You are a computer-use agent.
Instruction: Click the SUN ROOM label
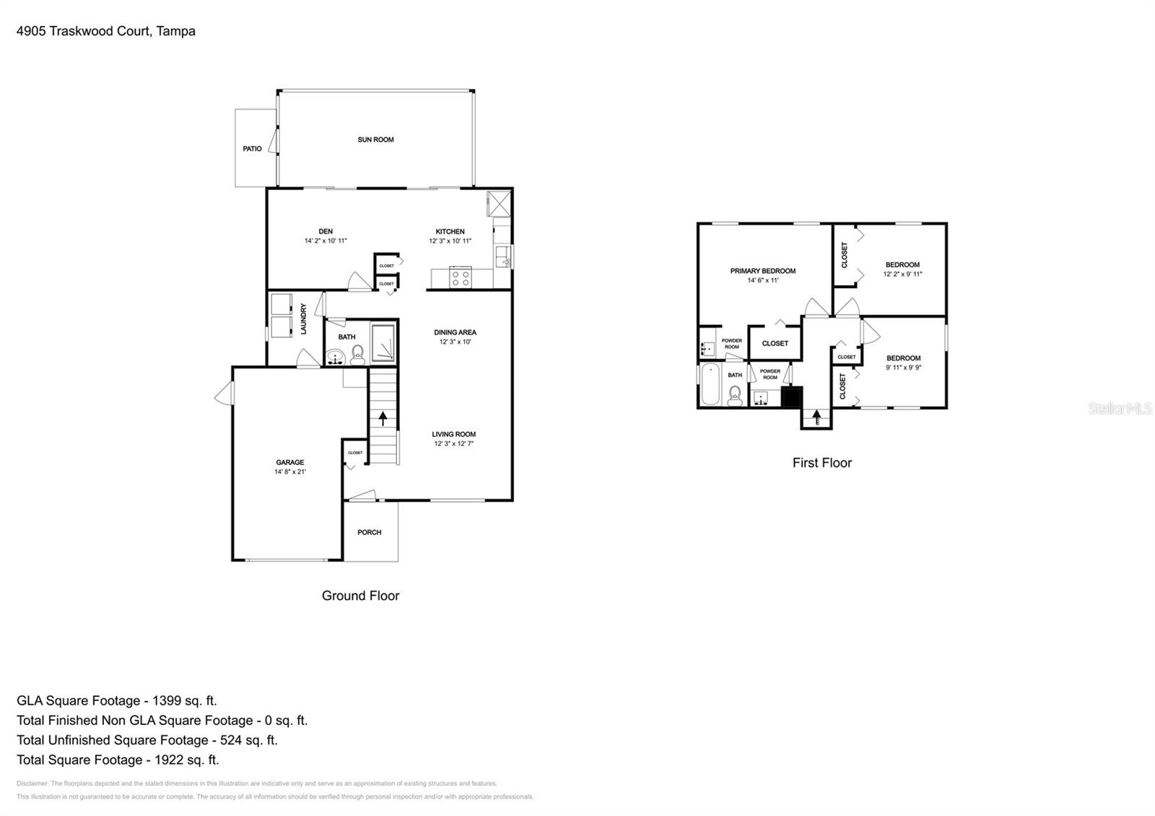pos(375,139)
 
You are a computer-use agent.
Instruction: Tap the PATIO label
pos(252,149)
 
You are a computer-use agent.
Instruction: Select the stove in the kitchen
pos(461,277)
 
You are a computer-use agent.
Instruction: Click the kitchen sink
pos(503,255)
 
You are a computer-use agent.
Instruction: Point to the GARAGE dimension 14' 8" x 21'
pos(289,472)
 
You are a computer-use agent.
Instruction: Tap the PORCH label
pos(369,533)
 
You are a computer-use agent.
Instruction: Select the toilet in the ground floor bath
pos(357,354)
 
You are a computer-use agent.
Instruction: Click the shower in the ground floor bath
pos(383,342)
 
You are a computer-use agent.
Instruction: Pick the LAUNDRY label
pos(304,318)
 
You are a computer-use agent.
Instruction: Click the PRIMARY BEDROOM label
pos(762,271)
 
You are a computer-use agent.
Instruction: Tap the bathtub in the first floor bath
pos(710,386)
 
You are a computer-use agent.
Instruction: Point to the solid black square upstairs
pos(792,397)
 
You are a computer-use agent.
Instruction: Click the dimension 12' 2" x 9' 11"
pos(902,274)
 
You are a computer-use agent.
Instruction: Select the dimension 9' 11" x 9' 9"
pos(903,368)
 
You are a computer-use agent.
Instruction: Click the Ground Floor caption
pos(360,596)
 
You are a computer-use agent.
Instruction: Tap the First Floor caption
pos(821,463)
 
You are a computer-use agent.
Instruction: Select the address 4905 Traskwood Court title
pos(106,31)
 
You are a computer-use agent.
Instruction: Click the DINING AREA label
pos(455,332)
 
